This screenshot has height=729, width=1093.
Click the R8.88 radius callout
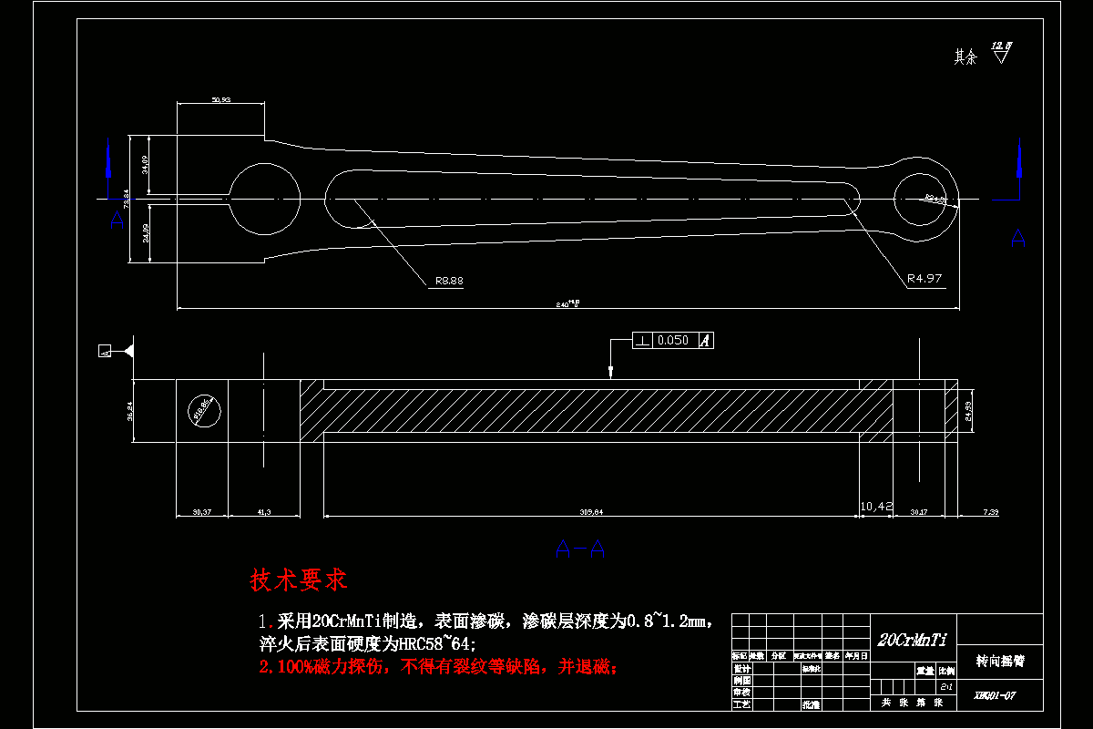coord(449,281)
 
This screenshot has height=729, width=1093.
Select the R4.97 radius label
coord(924,279)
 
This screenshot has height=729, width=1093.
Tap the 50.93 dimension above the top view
coord(220,99)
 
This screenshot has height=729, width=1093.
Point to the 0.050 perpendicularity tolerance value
coord(673,340)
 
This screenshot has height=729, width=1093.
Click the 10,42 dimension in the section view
coord(875,505)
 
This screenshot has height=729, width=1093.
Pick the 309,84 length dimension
coord(591,511)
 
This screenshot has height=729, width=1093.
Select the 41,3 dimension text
coord(263,512)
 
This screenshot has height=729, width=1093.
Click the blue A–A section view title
coord(580,548)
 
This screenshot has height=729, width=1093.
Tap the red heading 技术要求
coord(299,580)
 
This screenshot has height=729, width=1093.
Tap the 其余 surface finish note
coord(965,57)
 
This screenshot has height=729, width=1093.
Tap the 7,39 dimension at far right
coord(990,512)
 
